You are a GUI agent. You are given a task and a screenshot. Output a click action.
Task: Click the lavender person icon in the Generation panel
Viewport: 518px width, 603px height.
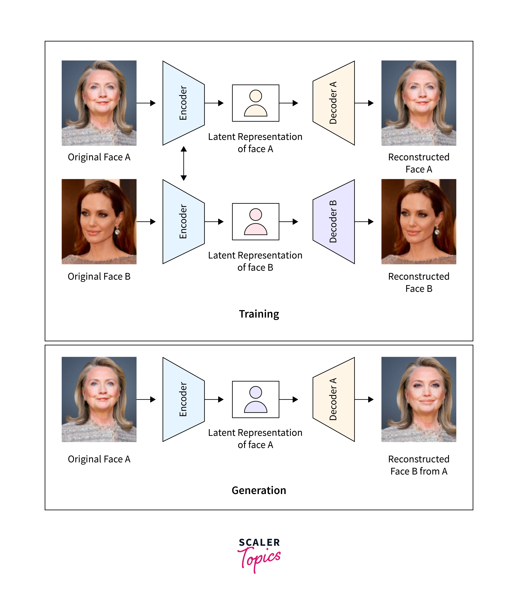[255, 399]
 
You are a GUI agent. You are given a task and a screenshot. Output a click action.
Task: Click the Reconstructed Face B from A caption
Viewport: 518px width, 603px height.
[419, 465]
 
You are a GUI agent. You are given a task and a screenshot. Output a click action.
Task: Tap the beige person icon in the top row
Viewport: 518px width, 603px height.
[255, 103]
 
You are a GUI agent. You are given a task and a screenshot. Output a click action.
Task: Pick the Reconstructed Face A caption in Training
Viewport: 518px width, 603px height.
[419, 163]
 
